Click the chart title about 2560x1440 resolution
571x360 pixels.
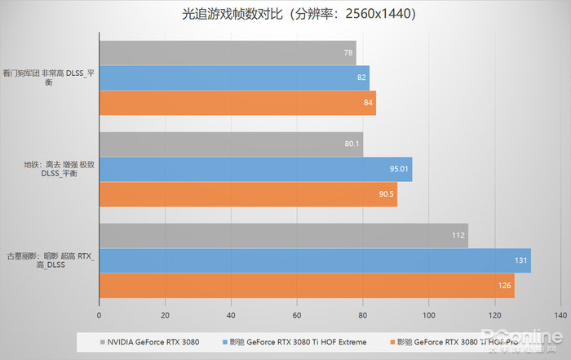coord(286,13)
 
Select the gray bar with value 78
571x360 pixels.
coord(228,53)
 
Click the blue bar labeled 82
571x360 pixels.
coord(234,78)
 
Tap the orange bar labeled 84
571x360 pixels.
coord(237,103)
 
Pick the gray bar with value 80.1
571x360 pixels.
coord(231,144)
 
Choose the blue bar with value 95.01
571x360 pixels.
coord(255,170)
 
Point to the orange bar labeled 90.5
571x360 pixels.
coord(248,194)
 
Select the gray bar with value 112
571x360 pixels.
coord(283,236)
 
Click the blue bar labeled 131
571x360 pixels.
coord(315,261)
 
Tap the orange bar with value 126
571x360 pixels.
coord(307,286)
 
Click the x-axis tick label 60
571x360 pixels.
coord(297,314)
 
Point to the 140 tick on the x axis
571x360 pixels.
coord(560,314)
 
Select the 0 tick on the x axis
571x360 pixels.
coord(100,314)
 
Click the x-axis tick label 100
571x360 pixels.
coord(428,314)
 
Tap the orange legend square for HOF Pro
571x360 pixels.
coord(394,341)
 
